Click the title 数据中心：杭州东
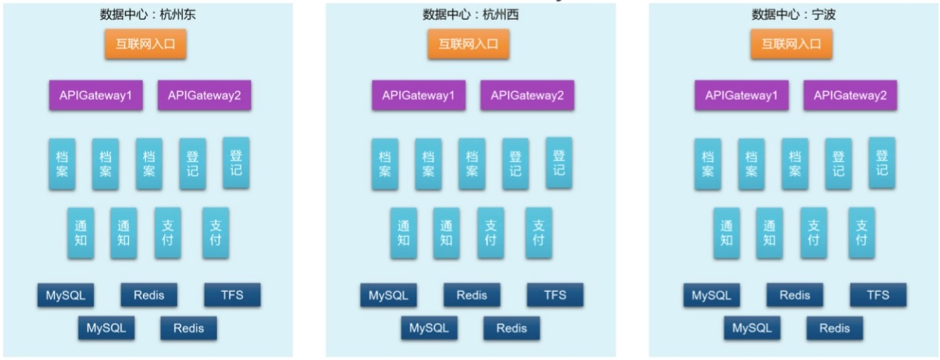pyautogui.click(x=147, y=14)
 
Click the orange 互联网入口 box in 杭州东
pyautogui.click(x=145, y=44)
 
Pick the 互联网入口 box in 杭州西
pyautogui.click(x=468, y=44)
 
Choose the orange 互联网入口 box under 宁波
pyautogui.click(x=791, y=44)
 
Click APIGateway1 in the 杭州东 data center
pyautogui.click(x=96, y=96)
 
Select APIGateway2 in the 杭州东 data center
pyautogui.click(x=204, y=96)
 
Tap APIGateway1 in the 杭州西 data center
pyautogui.click(x=419, y=96)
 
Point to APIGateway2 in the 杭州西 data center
pyautogui.click(x=527, y=96)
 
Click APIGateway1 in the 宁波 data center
pyautogui.click(x=741, y=96)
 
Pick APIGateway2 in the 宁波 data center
pyautogui.click(x=850, y=96)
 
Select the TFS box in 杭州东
pyautogui.click(x=233, y=295)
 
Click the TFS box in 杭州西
pyautogui.click(x=555, y=295)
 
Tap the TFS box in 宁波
pyautogui.click(x=878, y=295)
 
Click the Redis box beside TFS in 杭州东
pyautogui.click(x=149, y=295)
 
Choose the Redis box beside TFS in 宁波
pyautogui.click(x=795, y=295)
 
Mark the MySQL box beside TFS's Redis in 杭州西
pyautogui.click(x=389, y=295)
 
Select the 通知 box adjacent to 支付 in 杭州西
pyautogui.click(x=446, y=233)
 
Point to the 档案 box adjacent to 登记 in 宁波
pyautogui.click(x=795, y=164)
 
